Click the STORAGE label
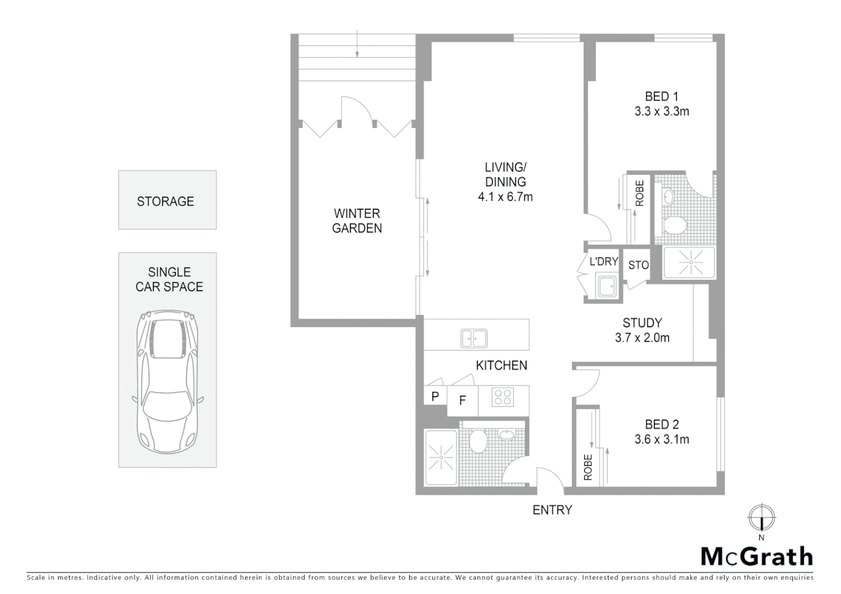165,201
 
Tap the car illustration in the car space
167,382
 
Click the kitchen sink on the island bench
473,338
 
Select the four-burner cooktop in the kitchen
502,397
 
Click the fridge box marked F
462,400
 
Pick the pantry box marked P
435,396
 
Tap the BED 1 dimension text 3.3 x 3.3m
662,111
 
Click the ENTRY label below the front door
552,510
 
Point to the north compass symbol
761,518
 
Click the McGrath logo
756,557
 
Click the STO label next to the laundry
638,265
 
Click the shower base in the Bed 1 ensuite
690,263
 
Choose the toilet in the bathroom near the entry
478,441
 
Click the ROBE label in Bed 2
587,467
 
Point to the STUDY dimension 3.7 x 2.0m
642,338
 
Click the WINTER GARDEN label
357,221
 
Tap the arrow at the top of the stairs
357,45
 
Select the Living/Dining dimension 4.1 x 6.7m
505,196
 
